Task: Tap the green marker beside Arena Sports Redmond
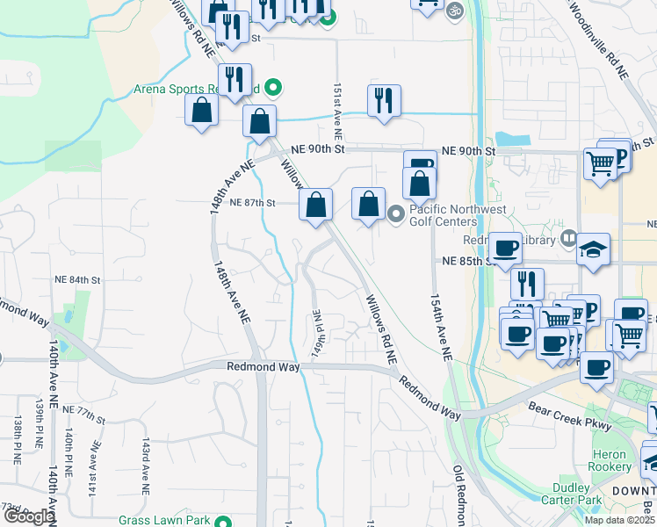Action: pyautogui.click(x=272, y=88)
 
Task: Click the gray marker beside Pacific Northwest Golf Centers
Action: pyautogui.click(x=395, y=213)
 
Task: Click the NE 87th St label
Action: pyautogui.click(x=253, y=203)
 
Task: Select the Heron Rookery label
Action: pyautogui.click(x=611, y=449)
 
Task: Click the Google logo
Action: pyautogui.click(x=29, y=517)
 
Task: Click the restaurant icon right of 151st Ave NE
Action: pyautogui.click(x=384, y=101)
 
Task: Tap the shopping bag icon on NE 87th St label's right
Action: pyautogui.click(x=315, y=205)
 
